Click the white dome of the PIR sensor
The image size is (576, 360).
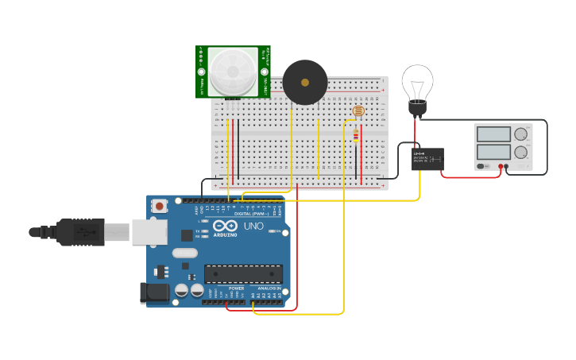pyautogui.click(x=233, y=71)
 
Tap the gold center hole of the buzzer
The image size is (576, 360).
pyautogui.click(x=305, y=83)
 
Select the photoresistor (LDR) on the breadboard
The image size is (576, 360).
pyautogui.click(x=358, y=110)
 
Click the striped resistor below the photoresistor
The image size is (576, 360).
pyautogui.click(x=355, y=136)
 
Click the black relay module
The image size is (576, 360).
pyautogui.click(x=427, y=159)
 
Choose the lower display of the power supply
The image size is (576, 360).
pyautogui.click(x=493, y=152)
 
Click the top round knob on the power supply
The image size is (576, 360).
pyautogui.click(x=521, y=134)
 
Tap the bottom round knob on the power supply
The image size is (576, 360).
pyautogui.click(x=521, y=152)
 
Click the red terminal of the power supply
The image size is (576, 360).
pyautogui.click(x=501, y=166)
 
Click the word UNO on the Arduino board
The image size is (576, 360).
pyautogui.click(x=253, y=226)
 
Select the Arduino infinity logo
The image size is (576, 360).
pyautogui.click(x=225, y=226)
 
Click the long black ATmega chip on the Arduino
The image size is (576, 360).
pyautogui.click(x=243, y=274)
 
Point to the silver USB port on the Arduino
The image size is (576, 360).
pyautogui.click(x=149, y=232)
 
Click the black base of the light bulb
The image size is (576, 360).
pyautogui.click(x=417, y=109)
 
